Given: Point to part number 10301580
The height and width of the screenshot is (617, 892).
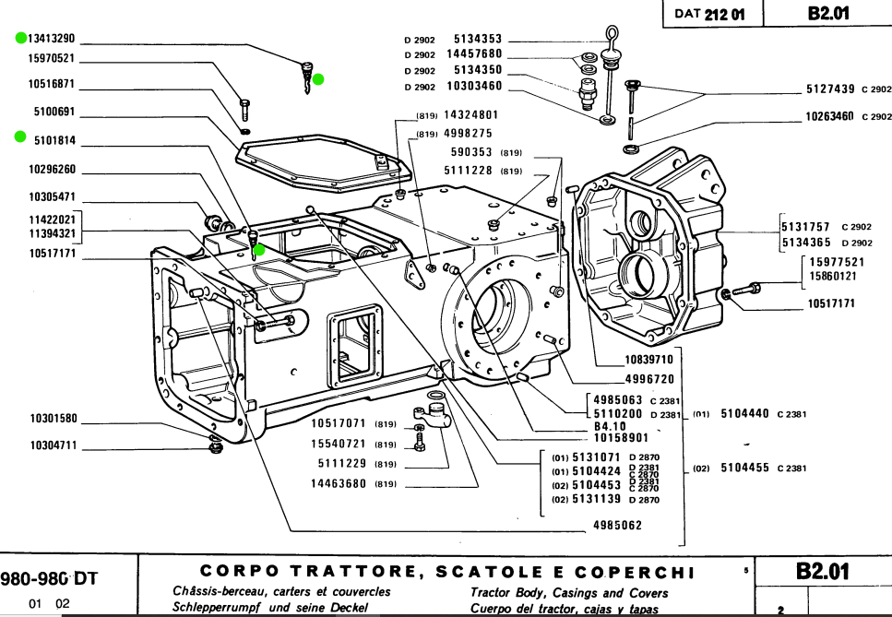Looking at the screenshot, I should click(54, 418).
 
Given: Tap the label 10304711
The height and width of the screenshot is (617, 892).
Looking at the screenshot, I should click(54, 445).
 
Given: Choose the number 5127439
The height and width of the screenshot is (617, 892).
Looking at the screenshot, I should click(830, 89).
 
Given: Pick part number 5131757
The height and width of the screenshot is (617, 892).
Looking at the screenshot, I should click(805, 226).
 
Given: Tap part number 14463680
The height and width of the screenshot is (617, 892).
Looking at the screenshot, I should click(339, 483).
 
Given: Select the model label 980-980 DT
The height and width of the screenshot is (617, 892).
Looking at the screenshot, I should click(51, 579).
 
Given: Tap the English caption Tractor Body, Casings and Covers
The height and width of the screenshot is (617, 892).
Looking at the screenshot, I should click(569, 592).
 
